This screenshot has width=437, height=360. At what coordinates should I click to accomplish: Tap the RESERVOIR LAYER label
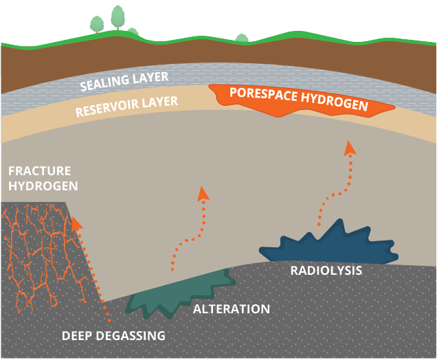click(126, 106)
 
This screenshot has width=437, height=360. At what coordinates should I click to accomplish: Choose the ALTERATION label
click(232, 309)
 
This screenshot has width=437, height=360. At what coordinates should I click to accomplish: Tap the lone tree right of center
click(241, 38)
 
